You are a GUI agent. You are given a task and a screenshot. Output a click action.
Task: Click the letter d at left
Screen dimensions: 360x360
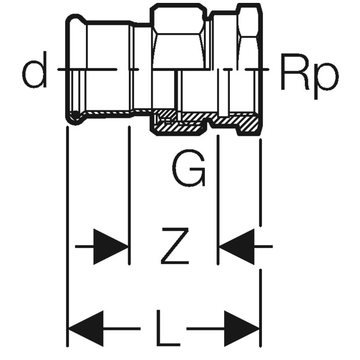[x=34, y=70]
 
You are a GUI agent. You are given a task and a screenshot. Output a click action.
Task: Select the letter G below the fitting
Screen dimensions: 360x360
[x=188, y=168]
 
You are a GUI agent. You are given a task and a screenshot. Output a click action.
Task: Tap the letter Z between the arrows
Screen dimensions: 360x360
[x=175, y=246]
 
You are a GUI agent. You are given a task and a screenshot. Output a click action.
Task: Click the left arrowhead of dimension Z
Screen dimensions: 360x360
[x=111, y=247]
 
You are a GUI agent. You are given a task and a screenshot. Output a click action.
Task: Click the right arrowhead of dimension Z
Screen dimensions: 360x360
[x=237, y=247]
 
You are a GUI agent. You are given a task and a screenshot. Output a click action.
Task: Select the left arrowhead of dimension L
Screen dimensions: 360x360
[x=87, y=329]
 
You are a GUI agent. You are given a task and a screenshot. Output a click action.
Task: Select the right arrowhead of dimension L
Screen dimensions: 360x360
[x=242, y=329]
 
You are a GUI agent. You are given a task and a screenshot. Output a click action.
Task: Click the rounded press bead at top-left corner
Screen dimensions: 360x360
[x=75, y=20]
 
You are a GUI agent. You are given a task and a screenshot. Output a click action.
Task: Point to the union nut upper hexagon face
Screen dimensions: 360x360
[x=178, y=19]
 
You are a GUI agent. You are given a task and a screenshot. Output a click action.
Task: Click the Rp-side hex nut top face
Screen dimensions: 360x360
[x=250, y=21]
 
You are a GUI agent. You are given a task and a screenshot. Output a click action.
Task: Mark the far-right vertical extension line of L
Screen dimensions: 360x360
[x=261, y=243]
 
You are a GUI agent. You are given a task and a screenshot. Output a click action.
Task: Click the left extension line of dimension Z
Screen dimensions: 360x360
[x=129, y=195]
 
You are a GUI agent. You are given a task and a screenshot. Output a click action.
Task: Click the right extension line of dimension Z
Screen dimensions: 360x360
[x=218, y=200]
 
